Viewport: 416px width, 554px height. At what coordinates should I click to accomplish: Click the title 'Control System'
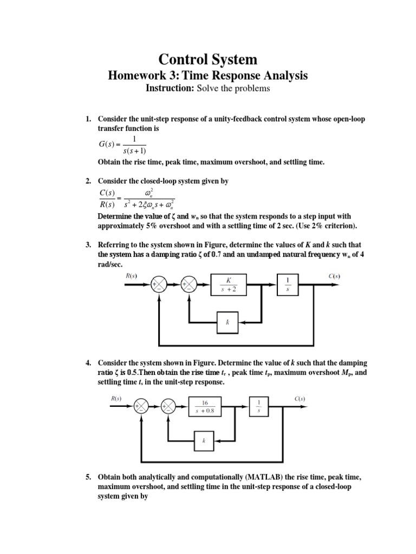207,59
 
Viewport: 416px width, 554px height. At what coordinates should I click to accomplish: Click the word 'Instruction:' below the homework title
170,88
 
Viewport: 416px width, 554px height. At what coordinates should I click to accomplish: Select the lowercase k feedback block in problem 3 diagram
228,321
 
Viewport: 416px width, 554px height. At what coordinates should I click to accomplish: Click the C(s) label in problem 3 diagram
334,275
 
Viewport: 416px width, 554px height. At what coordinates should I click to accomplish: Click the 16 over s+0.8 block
205,407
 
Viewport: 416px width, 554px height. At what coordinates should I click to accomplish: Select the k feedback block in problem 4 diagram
204,440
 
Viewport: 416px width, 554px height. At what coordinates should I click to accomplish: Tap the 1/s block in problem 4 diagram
258,407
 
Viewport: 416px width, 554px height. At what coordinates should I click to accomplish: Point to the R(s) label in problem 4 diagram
116,399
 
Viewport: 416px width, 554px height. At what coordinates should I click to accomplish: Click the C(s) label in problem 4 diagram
300,399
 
